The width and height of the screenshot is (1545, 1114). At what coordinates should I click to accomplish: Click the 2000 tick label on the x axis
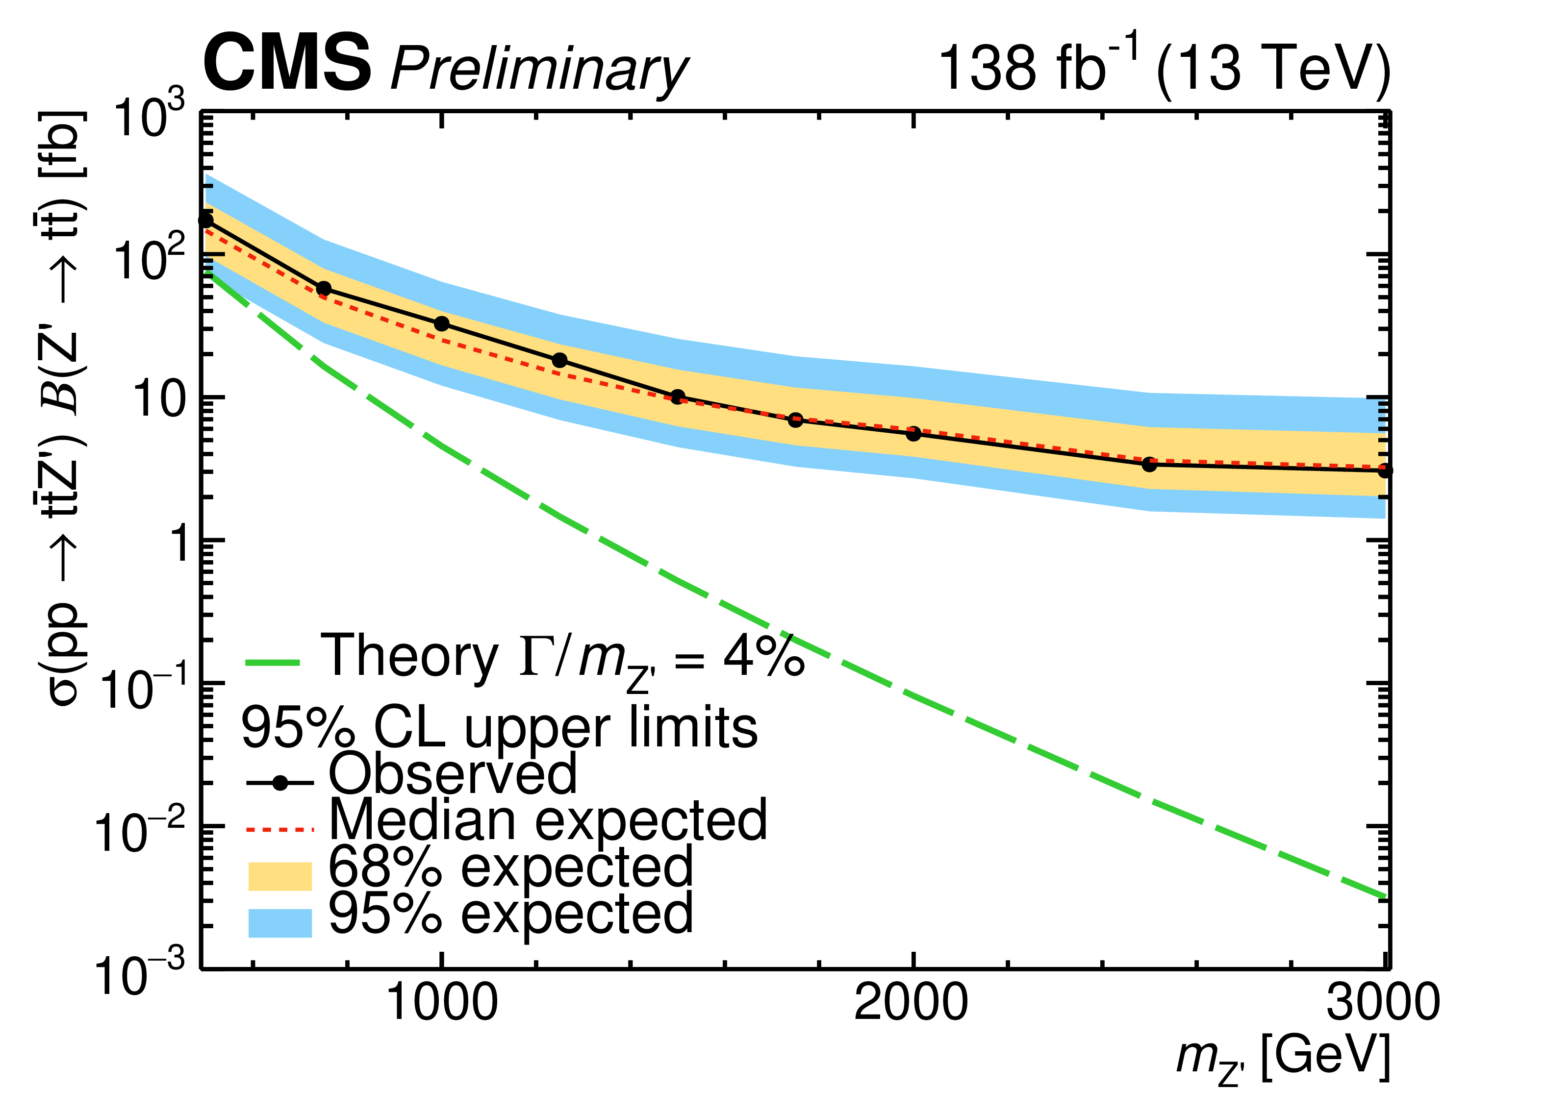click(912, 1003)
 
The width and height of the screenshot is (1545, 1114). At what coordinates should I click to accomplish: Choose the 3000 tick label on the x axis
click(1383, 1003)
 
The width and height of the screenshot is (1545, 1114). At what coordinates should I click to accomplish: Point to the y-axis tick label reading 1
click(178, 543)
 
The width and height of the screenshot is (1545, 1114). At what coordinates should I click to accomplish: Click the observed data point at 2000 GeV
click(913, 434)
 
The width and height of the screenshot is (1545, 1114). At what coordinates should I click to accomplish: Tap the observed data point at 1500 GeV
click(678, 397)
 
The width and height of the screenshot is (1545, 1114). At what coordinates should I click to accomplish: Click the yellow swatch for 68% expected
click(280, 876)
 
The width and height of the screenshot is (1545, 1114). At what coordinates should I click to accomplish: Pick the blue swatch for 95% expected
click(280, 923)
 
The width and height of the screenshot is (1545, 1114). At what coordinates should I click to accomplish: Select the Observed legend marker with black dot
click(280, 784)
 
